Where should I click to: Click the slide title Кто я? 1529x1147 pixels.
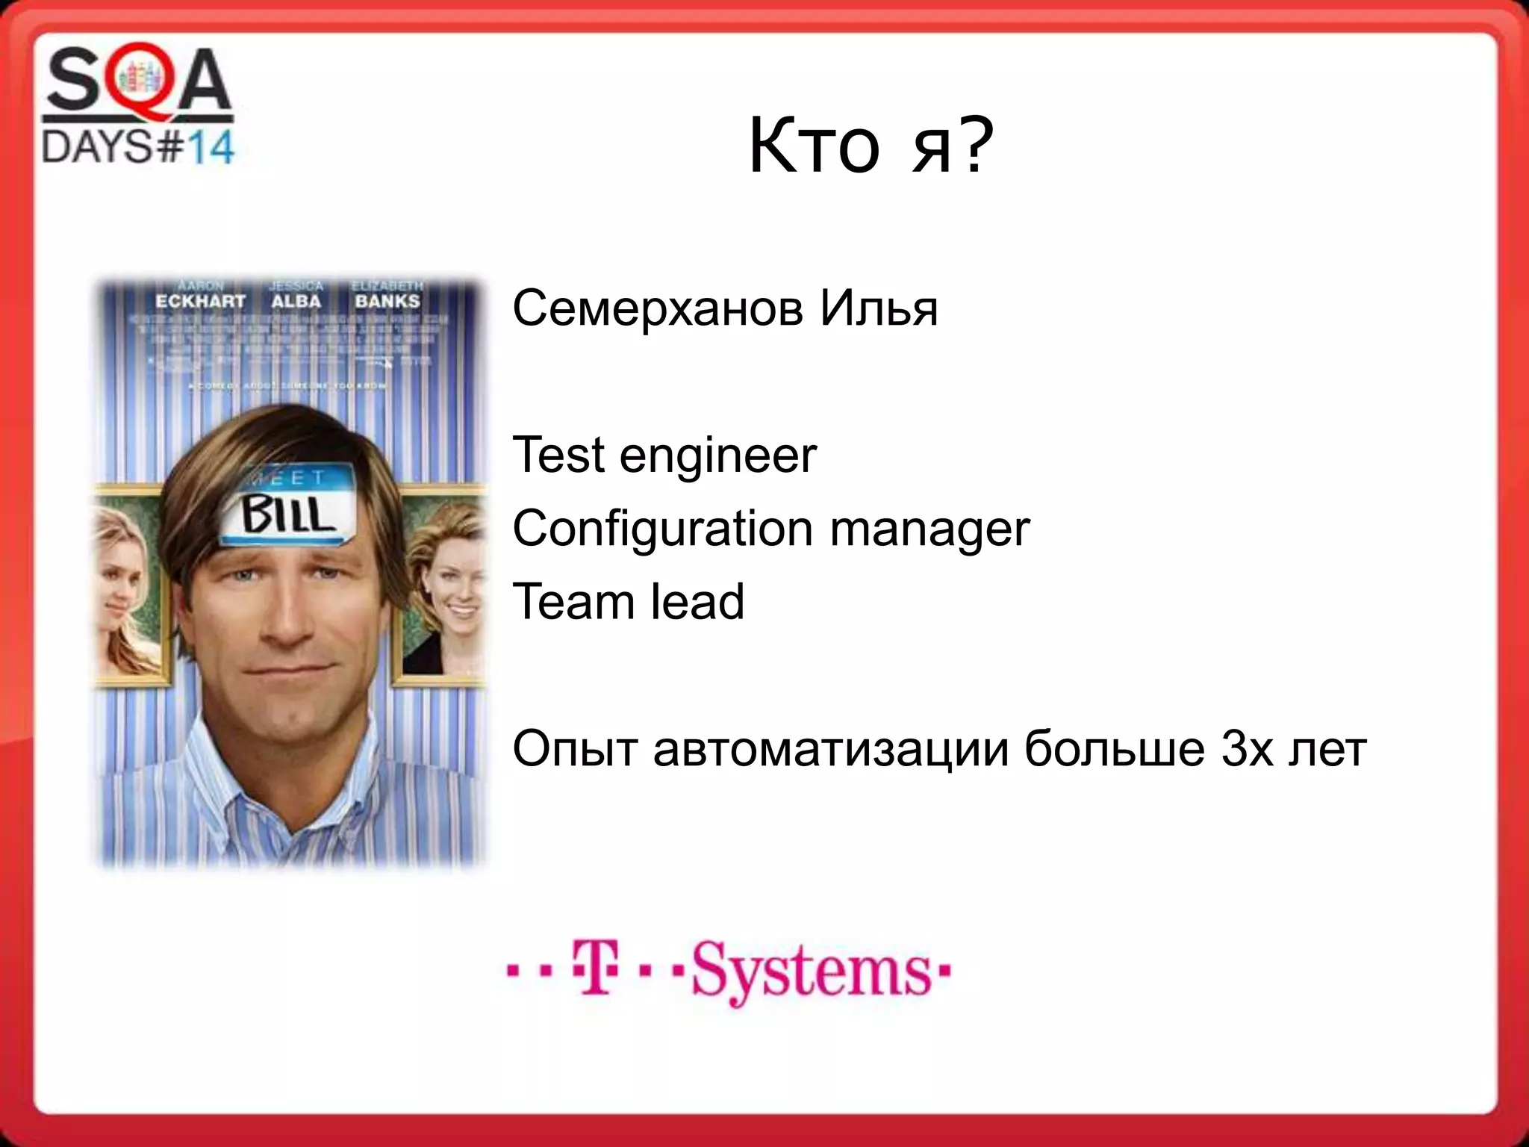[x=871, y=146]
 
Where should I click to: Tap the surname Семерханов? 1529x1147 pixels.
[x=657, y=308]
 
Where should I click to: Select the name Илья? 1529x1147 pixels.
[x=879, y=308]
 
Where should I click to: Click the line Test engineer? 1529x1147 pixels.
[x=664, y=456]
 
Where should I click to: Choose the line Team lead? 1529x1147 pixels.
[x=629, y=602]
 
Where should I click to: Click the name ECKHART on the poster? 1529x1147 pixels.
[x=200, y=301]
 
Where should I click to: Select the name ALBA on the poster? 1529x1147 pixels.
[x=296, y=301]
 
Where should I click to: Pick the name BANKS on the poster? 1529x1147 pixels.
[x=387, y=301]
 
